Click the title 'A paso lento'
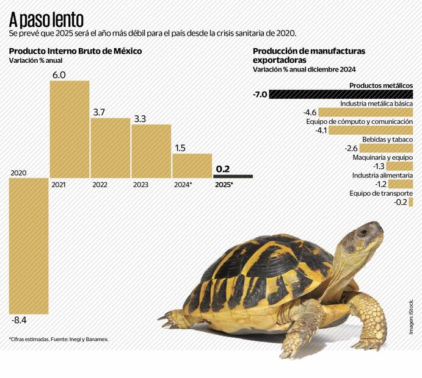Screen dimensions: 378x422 (46, 19)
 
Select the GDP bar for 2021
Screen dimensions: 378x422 (70, 129)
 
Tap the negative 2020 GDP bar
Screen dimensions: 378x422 (28, 244)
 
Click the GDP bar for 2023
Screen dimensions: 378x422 (151, 151)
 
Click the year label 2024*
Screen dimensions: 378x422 (183, 184)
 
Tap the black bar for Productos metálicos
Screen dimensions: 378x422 (341, 94)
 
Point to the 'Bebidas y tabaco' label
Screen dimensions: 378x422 (387, 139)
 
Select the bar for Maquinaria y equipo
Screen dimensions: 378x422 (399, 166)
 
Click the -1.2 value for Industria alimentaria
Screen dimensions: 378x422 (380, 184)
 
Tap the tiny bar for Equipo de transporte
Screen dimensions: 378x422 (411, 202)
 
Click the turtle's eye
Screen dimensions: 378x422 (363, 232)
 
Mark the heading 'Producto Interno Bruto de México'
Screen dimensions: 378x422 (75, 51)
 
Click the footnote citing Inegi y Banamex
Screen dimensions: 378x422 (59, 339)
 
